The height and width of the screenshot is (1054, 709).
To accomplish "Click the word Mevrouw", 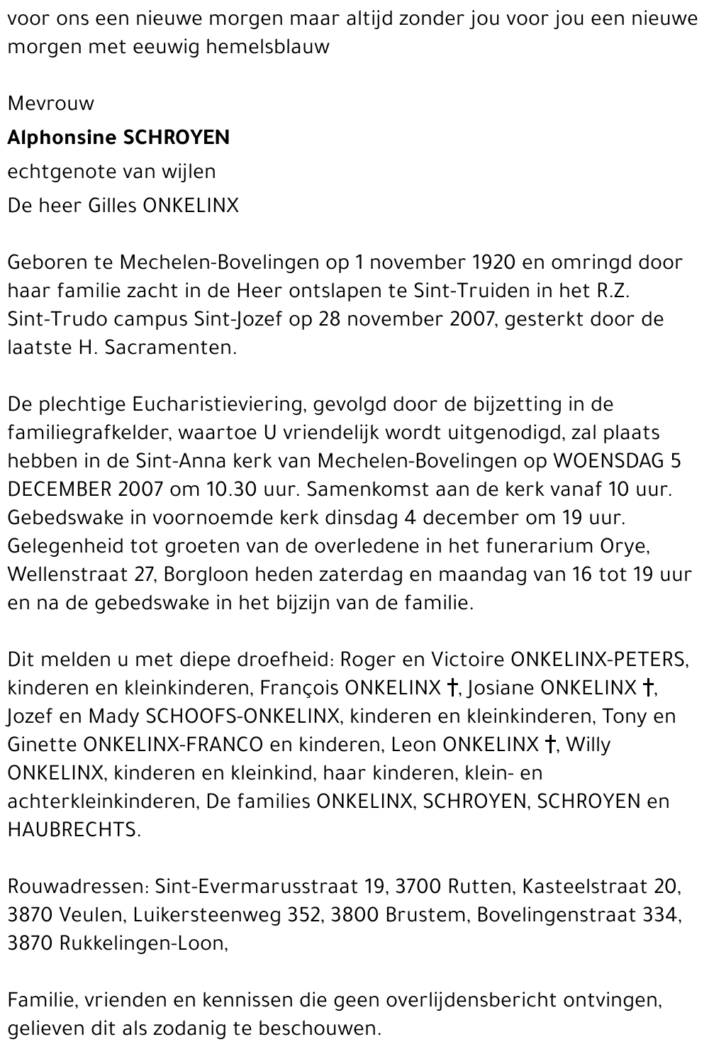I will [50, 104].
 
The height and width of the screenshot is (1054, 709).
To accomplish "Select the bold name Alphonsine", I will [62, 138].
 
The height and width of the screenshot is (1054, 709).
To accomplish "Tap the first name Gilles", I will [113, 206].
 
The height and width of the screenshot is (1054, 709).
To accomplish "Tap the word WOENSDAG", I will [606, 461].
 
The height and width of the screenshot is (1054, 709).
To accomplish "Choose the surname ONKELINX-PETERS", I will [598, 660].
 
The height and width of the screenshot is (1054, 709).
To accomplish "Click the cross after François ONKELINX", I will [452, 688].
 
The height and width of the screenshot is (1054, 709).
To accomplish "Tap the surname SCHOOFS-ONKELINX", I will [242, 716].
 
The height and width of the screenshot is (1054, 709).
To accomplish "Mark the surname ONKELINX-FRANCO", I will [173, 745].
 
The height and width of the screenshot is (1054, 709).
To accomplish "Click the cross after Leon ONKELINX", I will [550, 745].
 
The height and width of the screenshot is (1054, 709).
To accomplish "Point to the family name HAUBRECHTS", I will [73, 830].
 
